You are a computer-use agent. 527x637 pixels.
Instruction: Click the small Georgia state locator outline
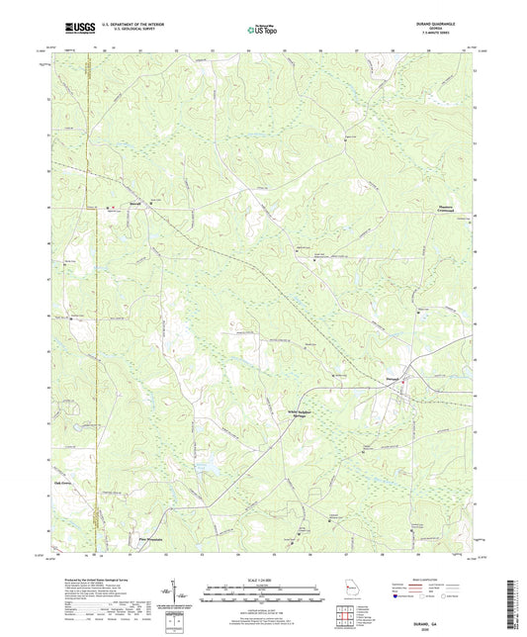[x=352, y=590]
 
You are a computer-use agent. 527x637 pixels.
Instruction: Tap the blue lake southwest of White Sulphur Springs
[x=209, y=463]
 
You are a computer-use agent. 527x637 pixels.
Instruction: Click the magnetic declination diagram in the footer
[x=173, y=591]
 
